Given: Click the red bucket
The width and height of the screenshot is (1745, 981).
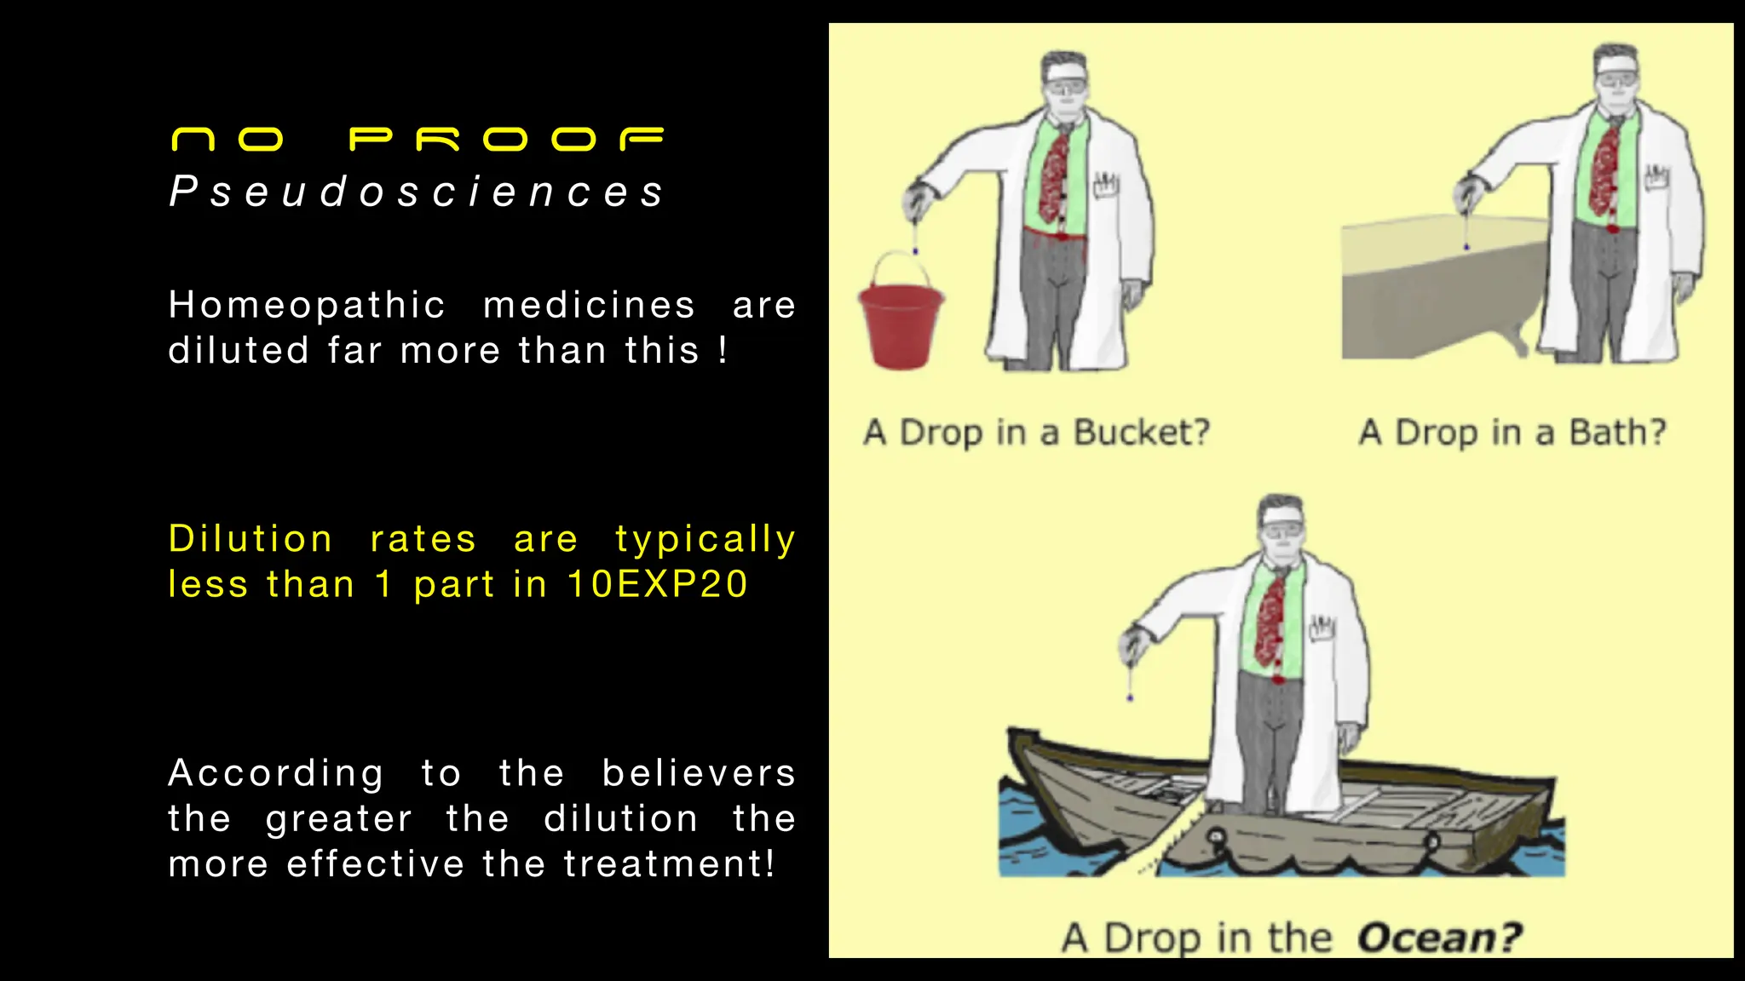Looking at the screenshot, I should [900, 328].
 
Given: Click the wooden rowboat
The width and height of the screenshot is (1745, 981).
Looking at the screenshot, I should [1278, 817].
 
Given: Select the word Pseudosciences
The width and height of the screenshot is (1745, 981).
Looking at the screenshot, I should [417, 192].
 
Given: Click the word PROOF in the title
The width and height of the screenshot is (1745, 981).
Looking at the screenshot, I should [506, 139].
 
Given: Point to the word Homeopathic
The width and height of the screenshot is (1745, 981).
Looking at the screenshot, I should [307, 305].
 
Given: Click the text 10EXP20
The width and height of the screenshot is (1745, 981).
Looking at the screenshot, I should [657, 584].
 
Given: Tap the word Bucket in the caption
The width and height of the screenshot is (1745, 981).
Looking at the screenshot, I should [1141, 433].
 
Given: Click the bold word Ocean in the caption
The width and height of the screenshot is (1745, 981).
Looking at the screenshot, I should [1439, 938].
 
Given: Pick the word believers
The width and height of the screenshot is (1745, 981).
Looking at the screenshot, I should [699, 773].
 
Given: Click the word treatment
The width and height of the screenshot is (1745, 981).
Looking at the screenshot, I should [669, 864].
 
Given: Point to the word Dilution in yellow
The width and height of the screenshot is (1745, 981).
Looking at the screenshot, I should [250, 539].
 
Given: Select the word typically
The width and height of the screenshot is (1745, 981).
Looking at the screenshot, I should [705, 540].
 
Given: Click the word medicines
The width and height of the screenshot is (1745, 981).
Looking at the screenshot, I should [589, 305].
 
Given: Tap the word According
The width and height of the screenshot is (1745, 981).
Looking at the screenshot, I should [276, 773].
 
